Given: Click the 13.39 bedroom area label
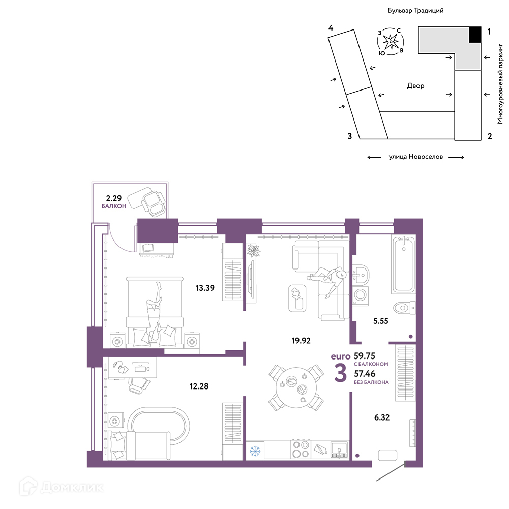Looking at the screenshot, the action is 205,288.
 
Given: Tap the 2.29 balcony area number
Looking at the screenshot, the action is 113,198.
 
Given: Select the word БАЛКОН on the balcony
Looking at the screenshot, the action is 113,206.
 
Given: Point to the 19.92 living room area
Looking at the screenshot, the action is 301,341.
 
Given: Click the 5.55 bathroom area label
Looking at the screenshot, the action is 380,321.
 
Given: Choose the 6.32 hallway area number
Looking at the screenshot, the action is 382,417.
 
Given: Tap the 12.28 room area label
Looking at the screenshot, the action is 199,386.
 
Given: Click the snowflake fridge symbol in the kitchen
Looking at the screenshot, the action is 255,451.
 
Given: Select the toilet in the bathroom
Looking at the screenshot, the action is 404,308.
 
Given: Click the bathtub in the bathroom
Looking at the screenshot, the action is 404,265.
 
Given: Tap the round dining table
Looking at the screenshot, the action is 296,387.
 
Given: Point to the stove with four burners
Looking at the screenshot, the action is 301,450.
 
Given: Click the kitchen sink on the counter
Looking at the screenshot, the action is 339,450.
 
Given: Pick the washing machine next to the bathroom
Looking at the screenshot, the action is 361,295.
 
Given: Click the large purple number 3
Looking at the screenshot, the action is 341,373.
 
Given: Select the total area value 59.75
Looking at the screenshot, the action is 364,356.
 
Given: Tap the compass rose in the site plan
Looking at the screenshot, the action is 391,42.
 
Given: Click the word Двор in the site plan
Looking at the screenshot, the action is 415,86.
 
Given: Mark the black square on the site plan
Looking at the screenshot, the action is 475,35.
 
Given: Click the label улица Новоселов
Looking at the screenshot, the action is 416,157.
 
